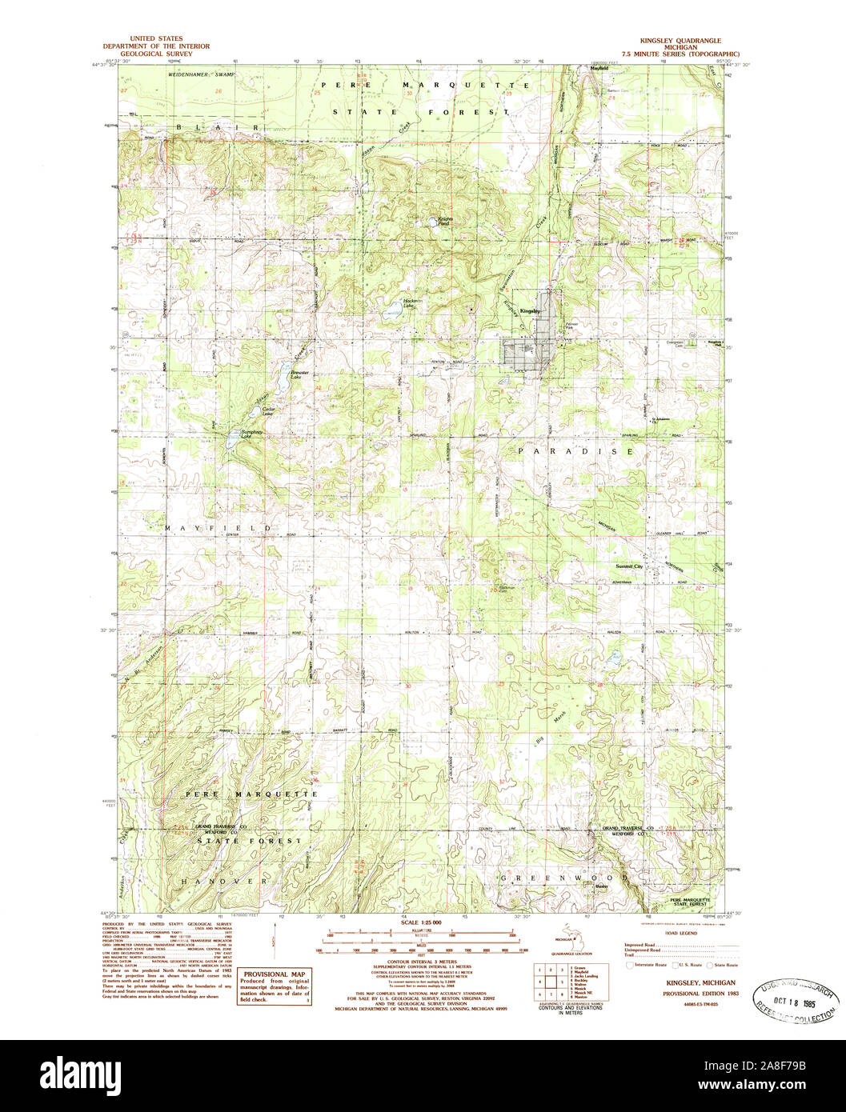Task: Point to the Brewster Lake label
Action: pyautogui.click(x=299, y=374)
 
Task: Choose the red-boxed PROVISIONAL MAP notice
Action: pyautogui.click(x=275, y=987)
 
